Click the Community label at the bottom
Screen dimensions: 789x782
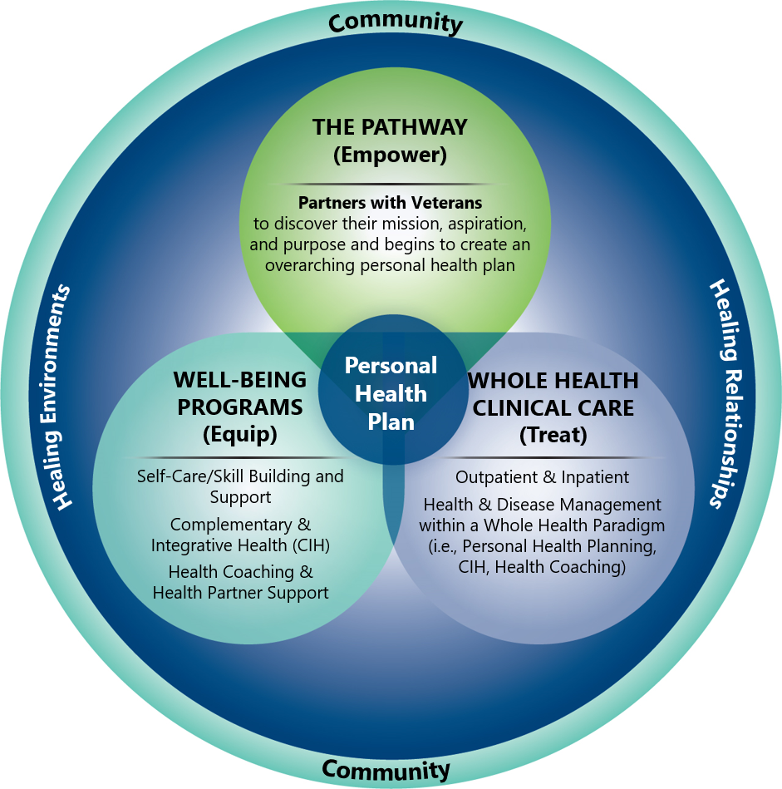coord(386,769)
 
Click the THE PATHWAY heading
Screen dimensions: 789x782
coord(390,128)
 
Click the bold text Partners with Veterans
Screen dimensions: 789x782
coord(390,202)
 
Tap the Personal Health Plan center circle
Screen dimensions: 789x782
coord(391,393)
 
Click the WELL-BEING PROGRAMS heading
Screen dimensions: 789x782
coord(239,393)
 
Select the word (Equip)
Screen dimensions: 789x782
coord(239,433)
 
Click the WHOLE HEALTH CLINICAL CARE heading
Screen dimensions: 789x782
coord(553,394)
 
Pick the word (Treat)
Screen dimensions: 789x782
coord(553,433)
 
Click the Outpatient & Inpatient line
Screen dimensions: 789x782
coord(542,477)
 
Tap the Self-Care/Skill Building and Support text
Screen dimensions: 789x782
coord(240,486)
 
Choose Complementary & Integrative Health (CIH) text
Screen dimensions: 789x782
coord(240,535)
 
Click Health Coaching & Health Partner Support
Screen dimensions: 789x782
coord(240,582)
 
